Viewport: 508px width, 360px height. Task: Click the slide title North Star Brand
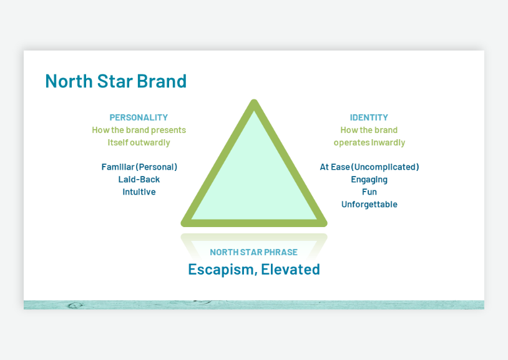click(x=115, y=81)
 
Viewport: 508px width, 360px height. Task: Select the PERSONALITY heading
click(x=139, y=117)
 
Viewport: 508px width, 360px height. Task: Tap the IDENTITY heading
click(x=369, y=117)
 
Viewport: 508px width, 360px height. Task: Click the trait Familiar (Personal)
click(x=139, y=167)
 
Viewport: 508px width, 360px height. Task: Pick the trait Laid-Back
click(x=139, y=180)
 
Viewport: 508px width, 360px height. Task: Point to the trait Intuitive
click(x=139, y=192)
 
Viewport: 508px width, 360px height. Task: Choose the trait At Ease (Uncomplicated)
click(x=369, y=167)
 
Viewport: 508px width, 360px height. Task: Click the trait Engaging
click(x=369, y=180)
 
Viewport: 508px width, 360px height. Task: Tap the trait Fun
click(x=369, y=192)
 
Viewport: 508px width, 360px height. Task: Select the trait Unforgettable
click(x=369, y=205)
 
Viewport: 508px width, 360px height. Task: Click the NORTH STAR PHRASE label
click(x=253, y=253)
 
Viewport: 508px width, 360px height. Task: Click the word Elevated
click(x=290, y=270)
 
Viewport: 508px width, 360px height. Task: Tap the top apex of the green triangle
click(x=254, y=103)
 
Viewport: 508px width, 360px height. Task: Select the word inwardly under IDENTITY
click(x=388, y=142)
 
